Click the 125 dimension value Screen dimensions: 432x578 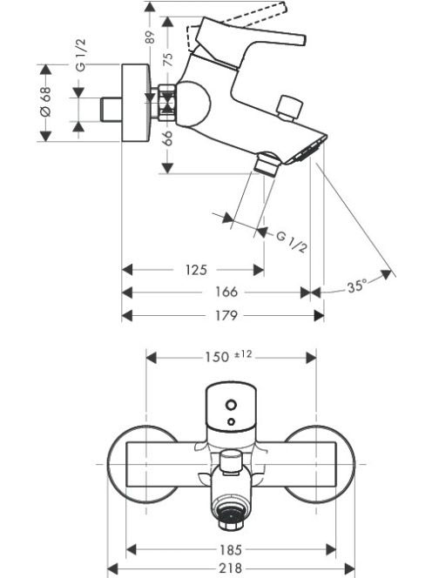point(196,270)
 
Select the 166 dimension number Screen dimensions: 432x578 point(226,292)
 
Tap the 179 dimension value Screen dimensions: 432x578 point(226,315)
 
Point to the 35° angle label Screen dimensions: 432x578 point(357,286)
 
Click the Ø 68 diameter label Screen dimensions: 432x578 point(46,101)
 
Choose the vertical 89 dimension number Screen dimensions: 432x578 point(151,37)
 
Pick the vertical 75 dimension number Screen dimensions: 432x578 point(168,59)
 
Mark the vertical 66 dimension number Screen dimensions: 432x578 point(168,138)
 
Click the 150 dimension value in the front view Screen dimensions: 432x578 point(217,357)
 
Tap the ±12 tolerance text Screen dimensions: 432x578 point(243,354)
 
